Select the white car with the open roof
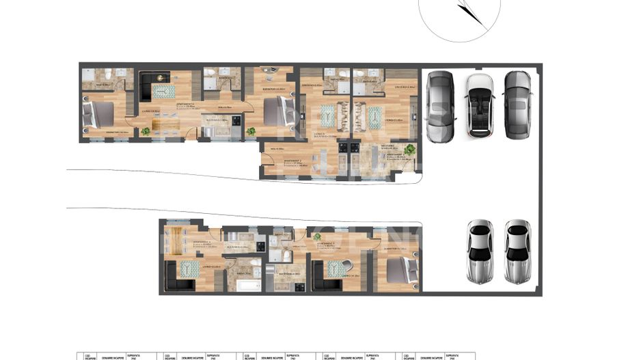480,105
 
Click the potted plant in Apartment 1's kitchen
409,150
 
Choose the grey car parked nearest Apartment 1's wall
439,105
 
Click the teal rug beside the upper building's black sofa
163,91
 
